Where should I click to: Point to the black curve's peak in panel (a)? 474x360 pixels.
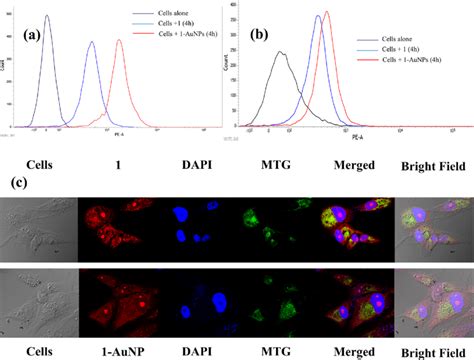[47, 16]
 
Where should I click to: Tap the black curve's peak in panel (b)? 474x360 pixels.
[279, 53]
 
